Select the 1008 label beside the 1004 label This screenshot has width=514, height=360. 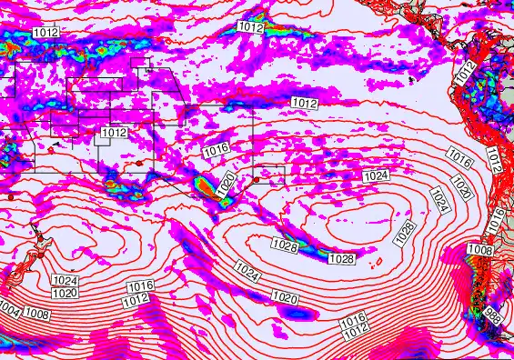[x=37, y=313]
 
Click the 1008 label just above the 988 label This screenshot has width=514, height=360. [x=479, y=249]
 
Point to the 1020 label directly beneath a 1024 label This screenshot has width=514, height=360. [x=64, y=293]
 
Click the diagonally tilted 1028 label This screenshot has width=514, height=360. [x=406, y=233]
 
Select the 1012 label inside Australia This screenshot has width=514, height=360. [x=114, y=133]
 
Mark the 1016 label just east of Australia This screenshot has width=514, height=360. [x=216, y=151]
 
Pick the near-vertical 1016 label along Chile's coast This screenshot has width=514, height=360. [x=497, y=218]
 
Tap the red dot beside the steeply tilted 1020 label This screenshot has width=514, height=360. [x=257, y=180]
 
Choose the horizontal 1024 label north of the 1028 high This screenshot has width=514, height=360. [x=376, y=175]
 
